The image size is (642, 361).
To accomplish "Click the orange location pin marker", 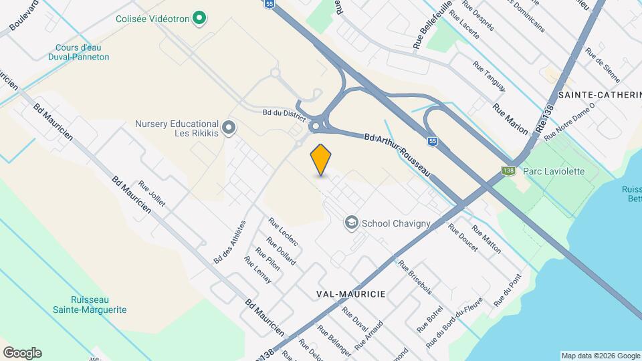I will tap(321, 160).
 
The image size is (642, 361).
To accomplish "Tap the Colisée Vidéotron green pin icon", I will tap(199, 18).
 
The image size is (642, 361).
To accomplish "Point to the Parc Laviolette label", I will tap(554, 171).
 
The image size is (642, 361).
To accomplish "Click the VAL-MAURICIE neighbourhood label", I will tap(350, 293).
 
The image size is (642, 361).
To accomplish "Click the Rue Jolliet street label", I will tap(152, 194).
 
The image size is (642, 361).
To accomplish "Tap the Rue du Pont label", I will tap(507, 293).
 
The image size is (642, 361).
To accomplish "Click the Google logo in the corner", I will tap(22, 353).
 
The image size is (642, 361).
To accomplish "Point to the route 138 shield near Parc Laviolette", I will tap(509, 171).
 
